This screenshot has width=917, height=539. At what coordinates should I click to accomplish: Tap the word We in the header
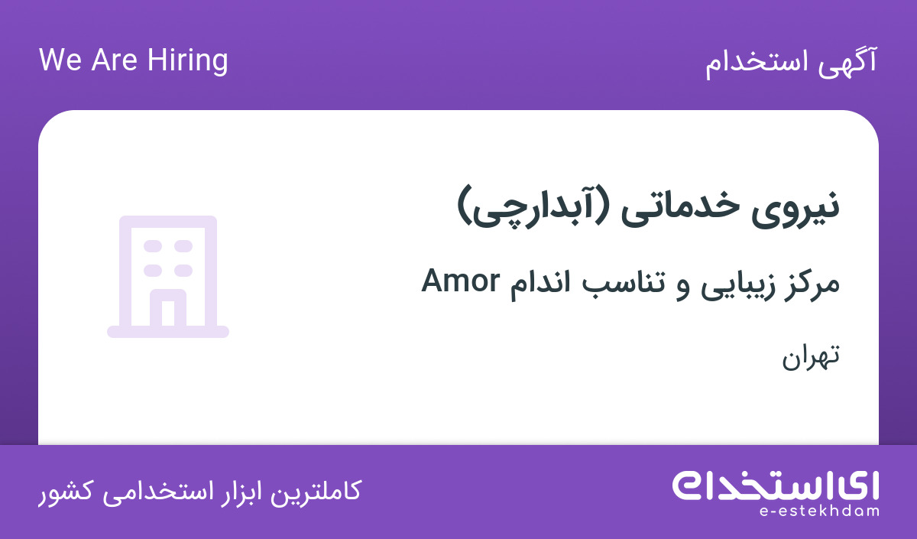click(60, 60)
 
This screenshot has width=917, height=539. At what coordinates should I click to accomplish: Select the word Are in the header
click(114, 60)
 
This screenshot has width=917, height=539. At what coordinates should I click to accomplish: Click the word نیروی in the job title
click(795, 208)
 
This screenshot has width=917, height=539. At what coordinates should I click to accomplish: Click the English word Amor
click(461, 281)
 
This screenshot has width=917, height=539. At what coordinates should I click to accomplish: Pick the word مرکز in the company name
click(812, 284)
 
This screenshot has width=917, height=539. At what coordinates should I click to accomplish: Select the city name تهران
click(811, 357)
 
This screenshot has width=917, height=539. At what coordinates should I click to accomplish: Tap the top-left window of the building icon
click(153, 246)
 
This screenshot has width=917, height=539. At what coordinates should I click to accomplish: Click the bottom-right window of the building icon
click(183, 271)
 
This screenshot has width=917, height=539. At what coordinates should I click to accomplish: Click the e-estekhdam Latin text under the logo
click(819, 511)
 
